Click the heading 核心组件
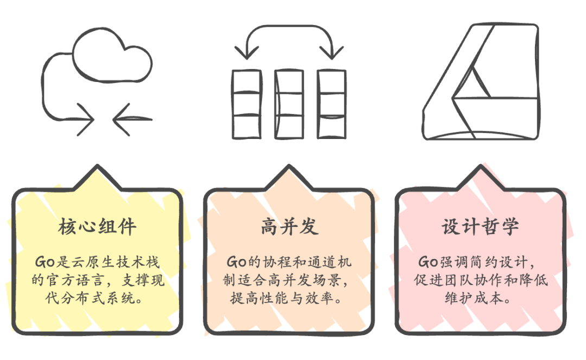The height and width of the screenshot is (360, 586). (97, 227)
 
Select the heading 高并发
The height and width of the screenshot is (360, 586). (289, 227)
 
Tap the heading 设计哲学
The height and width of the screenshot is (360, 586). (480, 227)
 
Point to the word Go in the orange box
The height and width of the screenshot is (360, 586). (236, 262)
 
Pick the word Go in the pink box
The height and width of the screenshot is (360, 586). (428, 262)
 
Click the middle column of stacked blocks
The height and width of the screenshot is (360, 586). (289, 103)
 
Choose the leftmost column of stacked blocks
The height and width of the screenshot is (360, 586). (246, 103)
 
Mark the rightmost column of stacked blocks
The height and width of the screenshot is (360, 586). (331, 103)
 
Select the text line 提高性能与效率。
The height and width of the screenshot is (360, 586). (289, 298)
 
